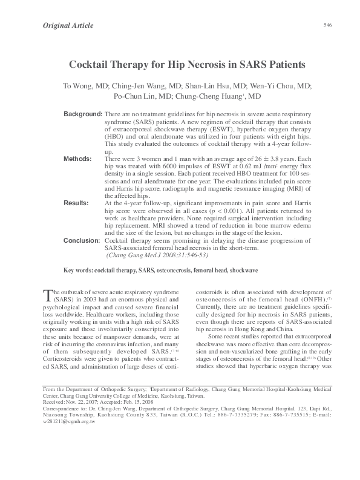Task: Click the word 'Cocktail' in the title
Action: pos(93,63)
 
